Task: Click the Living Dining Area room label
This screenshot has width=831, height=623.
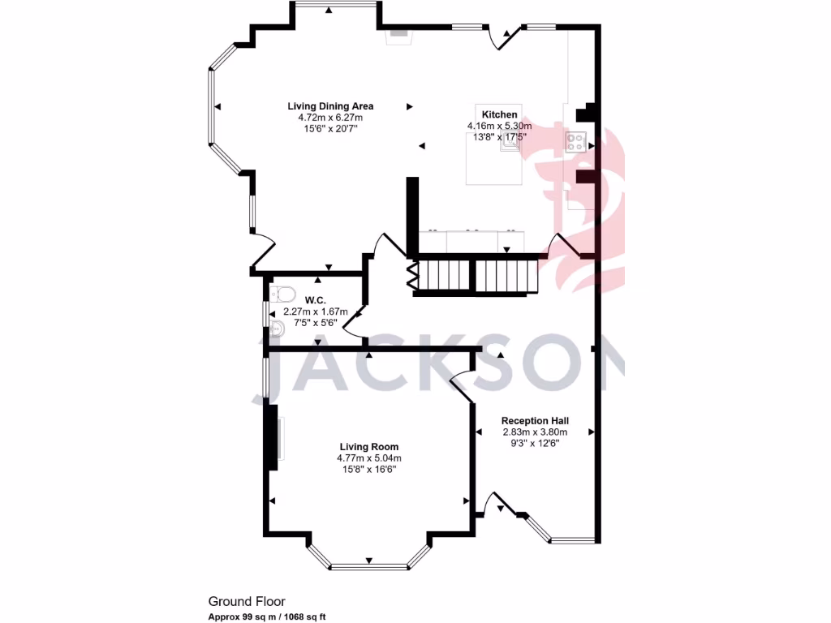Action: coord(330,106)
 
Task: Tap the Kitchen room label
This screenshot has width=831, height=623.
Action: coord(499,114)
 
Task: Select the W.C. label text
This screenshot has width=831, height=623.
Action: coord(315,300)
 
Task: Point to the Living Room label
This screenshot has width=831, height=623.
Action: coord(368,447)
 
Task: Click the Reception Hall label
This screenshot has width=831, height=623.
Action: coord(534,421)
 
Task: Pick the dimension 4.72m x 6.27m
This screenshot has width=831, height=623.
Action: coord(330,118)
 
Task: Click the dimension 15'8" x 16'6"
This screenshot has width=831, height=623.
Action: coord(368,470)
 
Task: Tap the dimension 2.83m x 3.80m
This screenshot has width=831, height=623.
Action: coord(534,432)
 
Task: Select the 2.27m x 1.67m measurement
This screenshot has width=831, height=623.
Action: coord(315,311)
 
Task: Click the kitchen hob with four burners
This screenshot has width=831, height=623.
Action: coord(577,143)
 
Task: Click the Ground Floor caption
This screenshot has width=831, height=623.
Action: coord(247,602)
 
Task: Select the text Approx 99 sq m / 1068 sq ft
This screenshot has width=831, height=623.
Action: coord(267,617)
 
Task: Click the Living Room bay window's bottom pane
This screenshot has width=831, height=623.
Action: coord(369,565)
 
